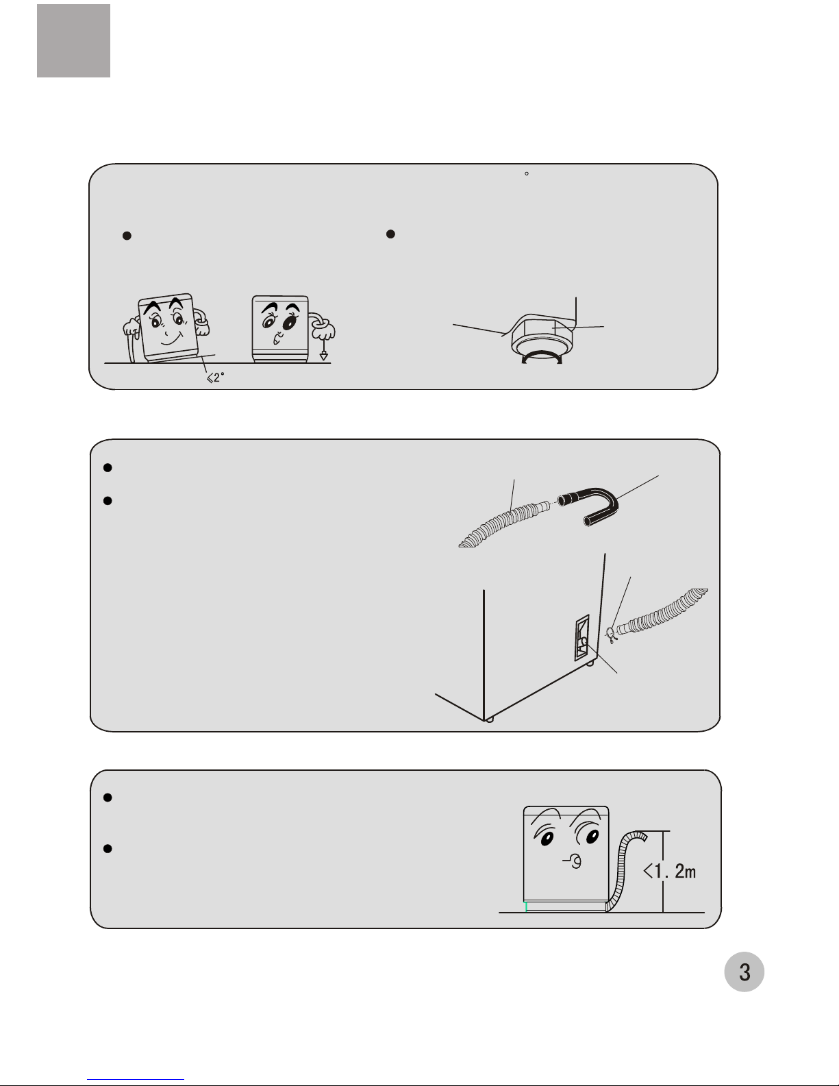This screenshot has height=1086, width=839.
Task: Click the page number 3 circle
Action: pos(744,972)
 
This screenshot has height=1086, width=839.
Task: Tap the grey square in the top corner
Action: pos(73,41)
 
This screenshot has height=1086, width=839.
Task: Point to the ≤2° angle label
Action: pos(215,378)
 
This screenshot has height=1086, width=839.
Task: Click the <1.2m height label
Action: pos(670,871)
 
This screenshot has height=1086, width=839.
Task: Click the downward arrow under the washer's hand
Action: pos(323,349)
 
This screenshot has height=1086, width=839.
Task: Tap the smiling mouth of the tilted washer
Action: pos(171,339)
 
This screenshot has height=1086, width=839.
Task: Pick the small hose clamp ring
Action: pos(610,634)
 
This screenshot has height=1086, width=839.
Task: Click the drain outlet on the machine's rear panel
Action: pos(583,641)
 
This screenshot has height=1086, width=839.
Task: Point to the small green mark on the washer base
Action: pos(525,906)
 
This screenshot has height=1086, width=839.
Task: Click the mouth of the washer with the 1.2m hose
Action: pos(575,861)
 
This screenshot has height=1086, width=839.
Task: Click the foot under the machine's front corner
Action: pos(490,719)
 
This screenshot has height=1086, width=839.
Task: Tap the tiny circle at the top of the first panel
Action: pos(527,173)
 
